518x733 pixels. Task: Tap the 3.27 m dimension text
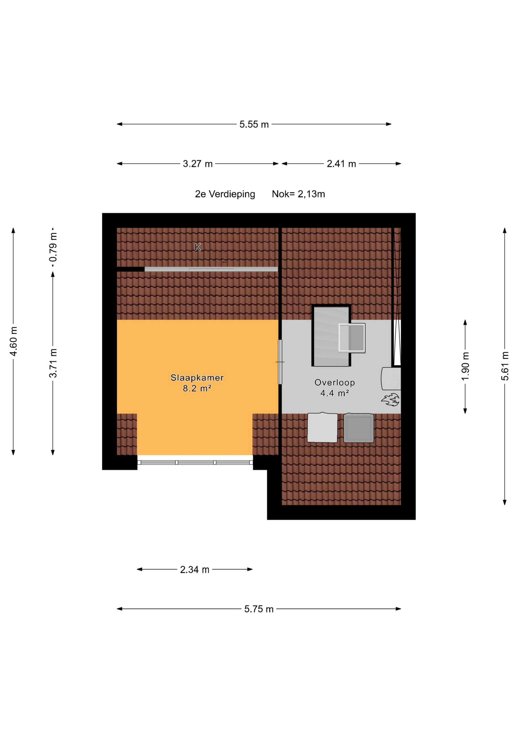(x=198, y=164)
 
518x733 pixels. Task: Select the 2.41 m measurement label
(x=341, y=164)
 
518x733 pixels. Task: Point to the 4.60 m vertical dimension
(x=13, y=341)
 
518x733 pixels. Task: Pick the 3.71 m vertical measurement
(x=53, y=363)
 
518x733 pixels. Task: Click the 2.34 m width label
(x=195, y=570)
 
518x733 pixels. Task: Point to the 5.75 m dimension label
(x=259, y=609)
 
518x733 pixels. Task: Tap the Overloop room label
(x=335, y=382)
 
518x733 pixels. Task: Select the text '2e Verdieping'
(x=225, y=194)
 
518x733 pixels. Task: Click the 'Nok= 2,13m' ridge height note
(x=298, y=194)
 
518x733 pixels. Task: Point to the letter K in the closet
(x=198, y=247)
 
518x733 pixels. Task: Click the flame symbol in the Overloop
(x=390, y=399)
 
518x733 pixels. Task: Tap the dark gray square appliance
(x=359, y=428)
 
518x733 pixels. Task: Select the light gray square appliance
(x=322, y=428)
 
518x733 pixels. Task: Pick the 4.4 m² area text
(x=335, y=393)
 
